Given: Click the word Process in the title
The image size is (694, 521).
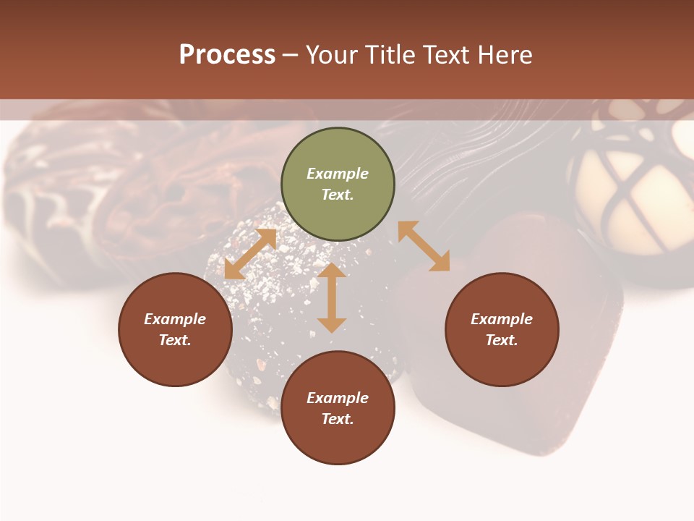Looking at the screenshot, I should click(227, 55).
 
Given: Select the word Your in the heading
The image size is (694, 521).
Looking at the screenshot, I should click(333, 55).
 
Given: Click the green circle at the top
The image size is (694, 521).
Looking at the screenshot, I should click(338, 185).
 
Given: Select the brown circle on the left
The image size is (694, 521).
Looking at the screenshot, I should click(175, 329).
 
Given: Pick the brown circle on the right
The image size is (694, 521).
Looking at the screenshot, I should click(502, 329).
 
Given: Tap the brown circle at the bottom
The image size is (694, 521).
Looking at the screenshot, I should click(338, 408).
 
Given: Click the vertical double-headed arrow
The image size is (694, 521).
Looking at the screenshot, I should click(332, 298).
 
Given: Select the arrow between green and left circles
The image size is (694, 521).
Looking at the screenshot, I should click(250, 254).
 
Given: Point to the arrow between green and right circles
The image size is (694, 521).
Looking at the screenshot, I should click(424, 246).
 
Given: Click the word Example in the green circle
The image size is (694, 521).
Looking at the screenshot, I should click(338, 174).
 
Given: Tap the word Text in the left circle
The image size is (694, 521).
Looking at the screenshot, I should click(175, 340).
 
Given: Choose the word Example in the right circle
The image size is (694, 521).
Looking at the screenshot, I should click(502, 319).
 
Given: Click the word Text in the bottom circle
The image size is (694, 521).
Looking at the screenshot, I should click(338, 419).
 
